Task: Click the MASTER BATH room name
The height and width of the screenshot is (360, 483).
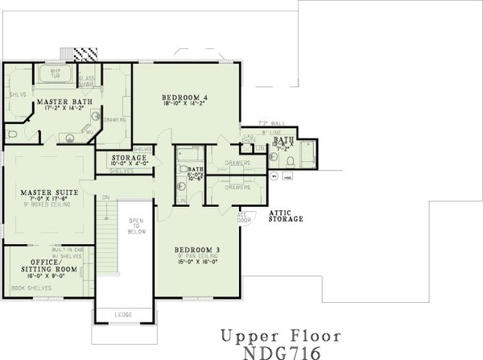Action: (64, 101)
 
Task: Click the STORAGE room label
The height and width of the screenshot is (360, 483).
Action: (130, 158)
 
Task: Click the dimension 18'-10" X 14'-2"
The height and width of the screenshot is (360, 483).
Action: (184, 103)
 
